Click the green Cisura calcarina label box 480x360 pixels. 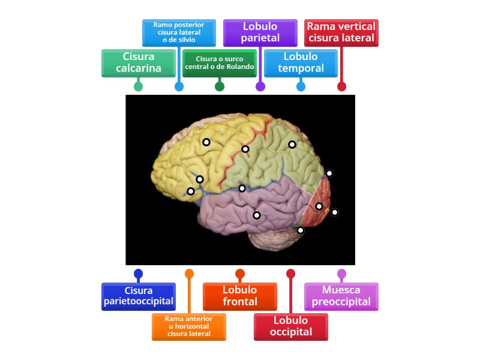[139, 62]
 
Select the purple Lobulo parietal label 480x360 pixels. [260, 32]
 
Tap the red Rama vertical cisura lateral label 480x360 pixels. [341, 32]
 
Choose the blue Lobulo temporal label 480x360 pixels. [301, 62]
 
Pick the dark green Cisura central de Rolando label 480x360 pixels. [220, 62]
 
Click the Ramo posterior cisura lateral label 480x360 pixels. [179, 32]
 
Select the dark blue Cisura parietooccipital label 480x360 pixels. [139, 296]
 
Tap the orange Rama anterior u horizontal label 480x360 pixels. [189, 326]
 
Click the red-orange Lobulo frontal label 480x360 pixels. [240, 296]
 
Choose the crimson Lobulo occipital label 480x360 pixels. [291, 326]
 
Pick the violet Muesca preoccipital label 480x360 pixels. [341, 296]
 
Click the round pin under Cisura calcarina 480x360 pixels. [139, 86]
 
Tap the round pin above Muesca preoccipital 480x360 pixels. [341, 274]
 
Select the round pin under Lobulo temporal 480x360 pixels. [301, 86]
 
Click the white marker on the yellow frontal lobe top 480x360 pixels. [206, 142]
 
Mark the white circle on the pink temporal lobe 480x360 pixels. [257, 215]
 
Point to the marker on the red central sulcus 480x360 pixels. [245, 149]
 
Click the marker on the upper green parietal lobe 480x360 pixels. [292, 144]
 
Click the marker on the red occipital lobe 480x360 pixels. [319, 206]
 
